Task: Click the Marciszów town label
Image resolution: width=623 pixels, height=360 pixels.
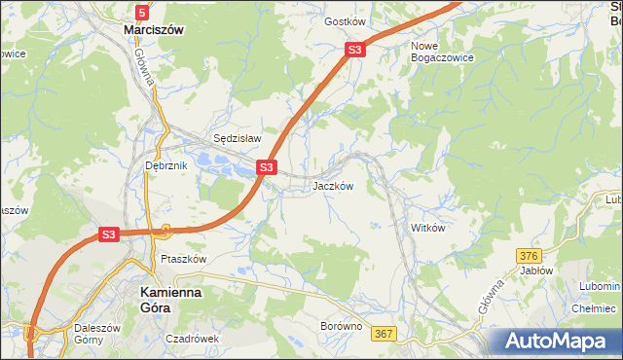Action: (x=154, y=30)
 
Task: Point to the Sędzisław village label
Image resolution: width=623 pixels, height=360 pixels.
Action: (x=238, y=139)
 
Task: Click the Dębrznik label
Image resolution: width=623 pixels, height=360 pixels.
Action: (x=165, y=166)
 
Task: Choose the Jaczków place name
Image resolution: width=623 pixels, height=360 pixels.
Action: (x=332, y=186)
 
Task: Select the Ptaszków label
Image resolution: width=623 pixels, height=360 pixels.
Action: (x=184, y=260)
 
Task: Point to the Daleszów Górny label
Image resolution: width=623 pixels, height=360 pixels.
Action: (x=96, y=335)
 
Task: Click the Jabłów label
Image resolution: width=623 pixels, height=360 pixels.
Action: (x=536, y=271)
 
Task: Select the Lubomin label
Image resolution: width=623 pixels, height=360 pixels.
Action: (x=598, y=287)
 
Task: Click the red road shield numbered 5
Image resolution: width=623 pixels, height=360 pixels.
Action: (x=143, y=12)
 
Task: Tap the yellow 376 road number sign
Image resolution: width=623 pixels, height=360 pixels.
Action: (x=529, y=255)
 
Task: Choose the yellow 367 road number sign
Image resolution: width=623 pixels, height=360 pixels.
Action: (x=384, y=334)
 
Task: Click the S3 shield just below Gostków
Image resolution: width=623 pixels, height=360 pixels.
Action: (x=355, y=50)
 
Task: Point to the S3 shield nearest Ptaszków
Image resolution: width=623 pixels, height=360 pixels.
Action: (x=108, y=234)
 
